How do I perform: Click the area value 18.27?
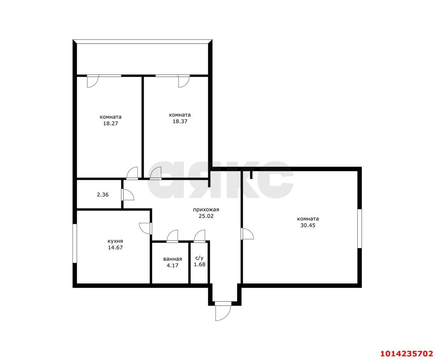click(110, 123)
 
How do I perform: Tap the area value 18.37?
click(180, 121)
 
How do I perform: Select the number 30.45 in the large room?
click(308, 225)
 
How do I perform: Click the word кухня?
click(115, 241)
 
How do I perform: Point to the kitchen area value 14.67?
click(115, 248)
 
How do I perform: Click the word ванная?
click(173, 259)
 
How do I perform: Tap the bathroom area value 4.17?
click(173, 266)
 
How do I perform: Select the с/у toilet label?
click(199, 258)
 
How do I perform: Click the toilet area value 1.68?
click(199, 265)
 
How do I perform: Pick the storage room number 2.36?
click(103, 195)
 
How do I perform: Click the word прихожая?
click(206, 209)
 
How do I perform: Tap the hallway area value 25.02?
click(206, 216)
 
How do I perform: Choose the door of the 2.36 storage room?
click(128, 195)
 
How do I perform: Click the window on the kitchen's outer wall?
click(75, 243)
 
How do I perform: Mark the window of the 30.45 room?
click(359, 228)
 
